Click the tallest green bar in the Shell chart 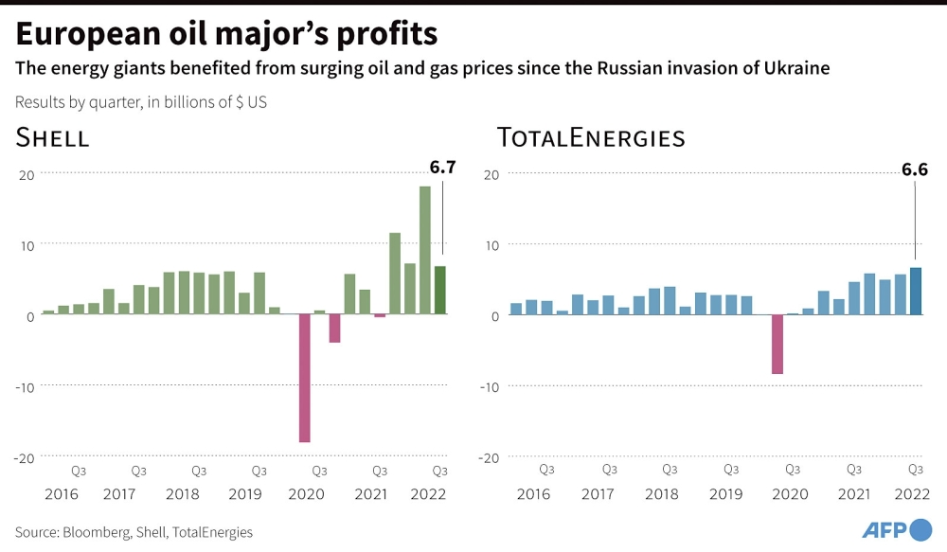[x=425, y=250]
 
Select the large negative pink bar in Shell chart [x=304, y=378]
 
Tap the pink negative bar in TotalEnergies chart [x=777, y=345]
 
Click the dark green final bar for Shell [x=440, y=290]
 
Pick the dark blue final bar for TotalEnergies [x=916, y=291]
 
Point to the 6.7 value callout [x=442, y=168]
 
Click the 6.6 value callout [x=915, y=169]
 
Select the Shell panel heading [x=52, y=137]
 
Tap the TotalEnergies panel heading [x=591, y=137]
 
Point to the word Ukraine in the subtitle [x=796, y=67]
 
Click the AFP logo [x=897, y=529]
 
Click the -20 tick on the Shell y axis [x=25, y=458]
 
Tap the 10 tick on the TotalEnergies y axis [x=492, y=246]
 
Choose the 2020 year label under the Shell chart [x=306, y=494]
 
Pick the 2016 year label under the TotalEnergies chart [x=533, y=494]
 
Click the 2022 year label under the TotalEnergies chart [x=912, y=494]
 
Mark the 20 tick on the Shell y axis [x=27, y=175]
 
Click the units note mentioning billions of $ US [x=141, y=102]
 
